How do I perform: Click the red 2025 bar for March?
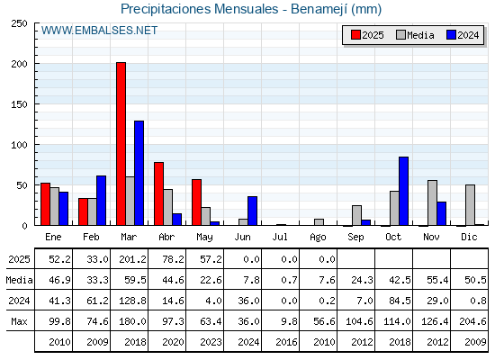pyautogui.click(x=121, y=144)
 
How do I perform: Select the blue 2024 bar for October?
pyautogui.click(x=404, y=191)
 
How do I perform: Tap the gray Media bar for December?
pyautogui.click(x=470, y=205)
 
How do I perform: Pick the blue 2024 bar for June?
pyautogui.click(x=252, y=211)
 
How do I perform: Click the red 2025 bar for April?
pyautogui.click(x=158, y=193)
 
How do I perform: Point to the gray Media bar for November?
pyautogui.click(x=432, y=202)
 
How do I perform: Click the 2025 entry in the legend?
pyautogui.click(x=368, y=35)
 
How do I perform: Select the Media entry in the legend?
pyautogui.click(x=415, y=35)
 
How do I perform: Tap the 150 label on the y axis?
pyautogui.click(x=19, y=104)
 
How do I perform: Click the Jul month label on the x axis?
pyautogui.click(x=280, y=237)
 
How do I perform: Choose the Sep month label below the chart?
pyautogui.click(x=355, y=238)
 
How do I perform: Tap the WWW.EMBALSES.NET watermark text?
pyautogui.click(x=99, y=31)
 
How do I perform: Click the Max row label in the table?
pyautogui.click(x=19, y=321)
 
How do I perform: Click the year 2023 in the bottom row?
pyautogui.click(x=211, y=342)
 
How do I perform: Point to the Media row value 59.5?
pyautogui.click(x=135, y=280)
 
